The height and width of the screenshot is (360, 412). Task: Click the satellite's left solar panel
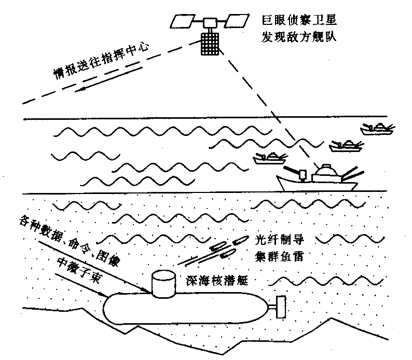click(x=183, y=21)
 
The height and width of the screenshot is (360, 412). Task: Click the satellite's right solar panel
click(x=237, y=21)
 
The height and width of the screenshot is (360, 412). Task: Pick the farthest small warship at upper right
click(x=377, y=127)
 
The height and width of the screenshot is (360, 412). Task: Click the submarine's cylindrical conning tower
click(x=164, y=284)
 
